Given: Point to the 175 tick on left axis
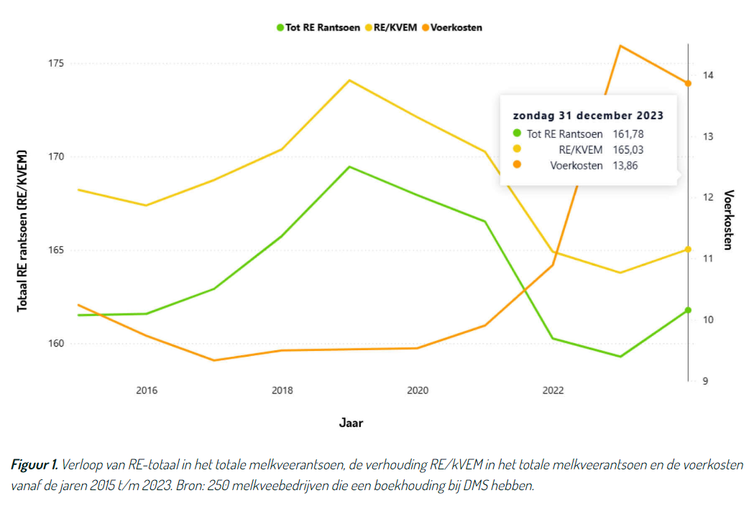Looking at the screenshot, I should [x=55, y=64].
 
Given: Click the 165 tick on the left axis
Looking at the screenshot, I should [x=55, y=250].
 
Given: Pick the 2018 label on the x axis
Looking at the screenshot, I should [x=282, y=390].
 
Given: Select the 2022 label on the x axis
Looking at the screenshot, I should [x=553, y=390].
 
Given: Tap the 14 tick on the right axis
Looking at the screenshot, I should [x=708, y=75].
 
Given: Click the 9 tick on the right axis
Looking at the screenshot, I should [x=705, y=381].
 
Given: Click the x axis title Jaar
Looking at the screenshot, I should [x=351, y=423].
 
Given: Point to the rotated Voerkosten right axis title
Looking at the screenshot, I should [x=728, y=220].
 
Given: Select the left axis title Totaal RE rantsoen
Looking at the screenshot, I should [x=23, y=230].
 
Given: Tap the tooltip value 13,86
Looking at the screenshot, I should [x=625, y=165].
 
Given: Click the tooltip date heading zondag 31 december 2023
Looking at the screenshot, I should [x=587, y=115].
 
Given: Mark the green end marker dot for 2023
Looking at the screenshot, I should [x=688, y=310].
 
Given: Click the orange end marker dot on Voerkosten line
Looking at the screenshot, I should [x=688, y=83].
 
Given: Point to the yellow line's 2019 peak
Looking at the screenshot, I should [x=349, y=80].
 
